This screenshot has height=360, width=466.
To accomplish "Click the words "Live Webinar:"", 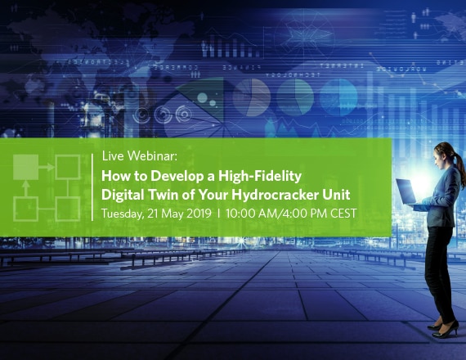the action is point(139,156).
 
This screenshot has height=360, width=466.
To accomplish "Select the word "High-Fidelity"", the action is point(260,176).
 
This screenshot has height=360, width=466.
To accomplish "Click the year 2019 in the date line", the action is point(199,214).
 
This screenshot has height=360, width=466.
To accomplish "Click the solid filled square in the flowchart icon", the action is point(26,167).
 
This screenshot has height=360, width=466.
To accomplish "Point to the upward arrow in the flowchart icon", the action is point(26,188).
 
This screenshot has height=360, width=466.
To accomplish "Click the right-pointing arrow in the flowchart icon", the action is point(47,167).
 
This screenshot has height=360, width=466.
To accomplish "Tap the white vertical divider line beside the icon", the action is point(92,187).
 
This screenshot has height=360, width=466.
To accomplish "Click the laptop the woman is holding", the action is point(408,193).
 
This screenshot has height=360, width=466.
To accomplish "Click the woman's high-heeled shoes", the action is point(443,328).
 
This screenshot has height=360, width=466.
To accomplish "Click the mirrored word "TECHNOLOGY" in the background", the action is point(293,74).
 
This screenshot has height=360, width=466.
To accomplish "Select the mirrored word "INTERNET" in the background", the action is point(342,65).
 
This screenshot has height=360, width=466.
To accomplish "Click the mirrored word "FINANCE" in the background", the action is point(242,68).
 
